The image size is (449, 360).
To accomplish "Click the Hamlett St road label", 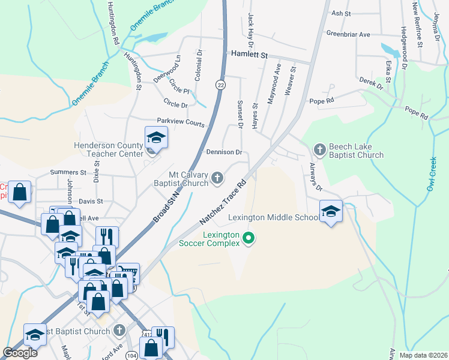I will [249, 54].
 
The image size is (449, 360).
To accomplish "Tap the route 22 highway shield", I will [221, 86].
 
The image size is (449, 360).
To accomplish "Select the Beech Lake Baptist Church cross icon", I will [320, 149].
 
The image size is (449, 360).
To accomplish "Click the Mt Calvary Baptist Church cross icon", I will [217, 177].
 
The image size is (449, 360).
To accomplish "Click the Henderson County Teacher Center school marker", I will [155, 138].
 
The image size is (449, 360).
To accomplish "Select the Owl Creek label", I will [433, 175].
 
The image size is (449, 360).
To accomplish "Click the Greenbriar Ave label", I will [349, 34].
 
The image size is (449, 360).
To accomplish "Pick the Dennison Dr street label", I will [223, 152].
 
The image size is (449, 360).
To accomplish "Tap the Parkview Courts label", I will [181, 122].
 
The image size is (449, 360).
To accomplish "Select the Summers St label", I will [68, 172].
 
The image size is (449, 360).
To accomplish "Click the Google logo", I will [20, 353].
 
